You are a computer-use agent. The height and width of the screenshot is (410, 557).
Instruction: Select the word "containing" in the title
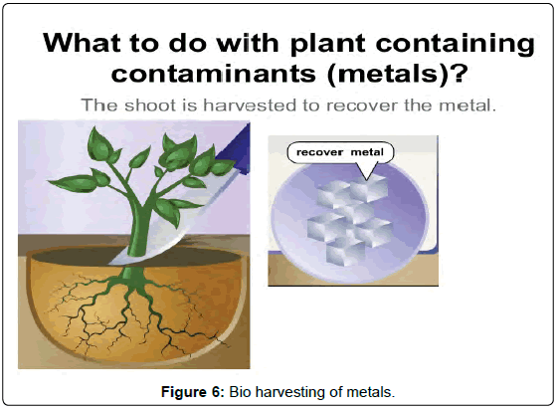pyautogui.click(x=456, y=44)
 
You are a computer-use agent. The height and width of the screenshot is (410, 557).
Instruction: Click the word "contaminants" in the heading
pyautogui.click(x=214, y=74)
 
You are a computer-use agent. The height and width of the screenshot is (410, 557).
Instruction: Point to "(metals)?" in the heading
pyautogui.click(x=397, y=75)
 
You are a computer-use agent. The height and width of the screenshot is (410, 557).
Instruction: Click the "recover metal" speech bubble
pyautogui.click(x=340, y=153)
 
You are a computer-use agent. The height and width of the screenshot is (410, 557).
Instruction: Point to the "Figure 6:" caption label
pyautogui.click(x=193, y=392)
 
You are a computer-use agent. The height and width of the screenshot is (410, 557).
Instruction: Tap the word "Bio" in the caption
pyautogui.click(x=240, y=392)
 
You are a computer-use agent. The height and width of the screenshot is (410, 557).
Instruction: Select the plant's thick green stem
pyautogui.click(x=139, y=227)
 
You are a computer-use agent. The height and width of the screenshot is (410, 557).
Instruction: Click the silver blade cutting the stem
pyautogui.click(x=170, y=227)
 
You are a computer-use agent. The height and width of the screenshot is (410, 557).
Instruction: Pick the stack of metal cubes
pyautogui.click(x=350, y=219)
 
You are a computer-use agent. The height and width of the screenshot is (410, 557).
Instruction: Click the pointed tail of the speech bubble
pyautogui.click(x=367, y=178)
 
